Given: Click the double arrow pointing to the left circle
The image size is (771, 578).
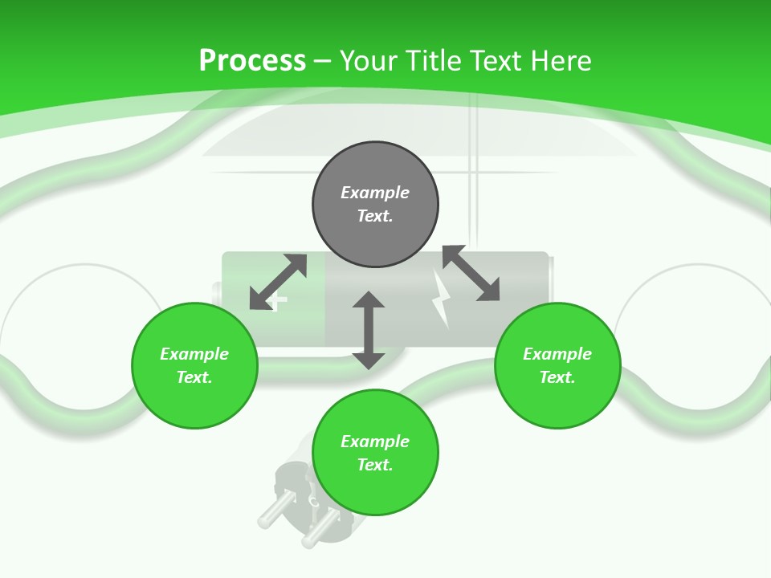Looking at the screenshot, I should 278,282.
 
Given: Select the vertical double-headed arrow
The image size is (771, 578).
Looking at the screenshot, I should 369,330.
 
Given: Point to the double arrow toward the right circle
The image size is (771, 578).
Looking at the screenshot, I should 471,273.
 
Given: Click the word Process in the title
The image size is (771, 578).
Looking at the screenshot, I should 252,60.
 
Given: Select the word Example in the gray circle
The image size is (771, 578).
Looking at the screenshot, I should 375,193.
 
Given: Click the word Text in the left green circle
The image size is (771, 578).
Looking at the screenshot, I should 194,377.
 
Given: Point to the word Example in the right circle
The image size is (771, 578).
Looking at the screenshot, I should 557,354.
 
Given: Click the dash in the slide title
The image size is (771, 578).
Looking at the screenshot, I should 323,61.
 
